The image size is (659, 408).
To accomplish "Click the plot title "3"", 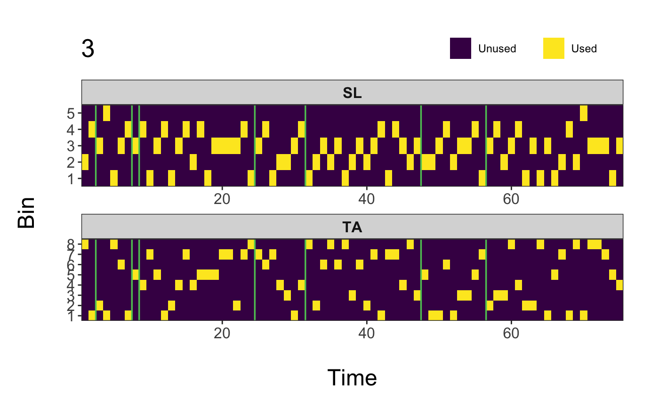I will click(x=88, y=49).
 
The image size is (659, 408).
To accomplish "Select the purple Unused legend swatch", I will click(x=460, y=49).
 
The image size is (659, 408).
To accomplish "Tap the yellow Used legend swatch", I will click(x=554, y=49).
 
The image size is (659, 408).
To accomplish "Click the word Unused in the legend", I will click(x=497, y=49).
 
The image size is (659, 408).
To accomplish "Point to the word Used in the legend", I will click(x=584, y=49).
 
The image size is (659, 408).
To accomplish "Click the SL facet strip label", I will click(x=352, y=93).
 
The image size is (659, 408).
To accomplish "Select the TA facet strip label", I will click(x=352, y=228).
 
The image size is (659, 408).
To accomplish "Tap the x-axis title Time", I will click(x=352, y=378).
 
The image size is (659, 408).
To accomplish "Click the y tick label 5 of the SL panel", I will click(x=71, y=113).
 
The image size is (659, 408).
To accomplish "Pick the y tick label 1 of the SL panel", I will click(x=71, y=179).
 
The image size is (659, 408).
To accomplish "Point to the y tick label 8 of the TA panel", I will click(x=71, y=245).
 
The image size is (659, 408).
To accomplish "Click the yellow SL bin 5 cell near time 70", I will click(x=584, y=113).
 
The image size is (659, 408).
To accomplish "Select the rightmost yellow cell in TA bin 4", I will click(x=619, y=285).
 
